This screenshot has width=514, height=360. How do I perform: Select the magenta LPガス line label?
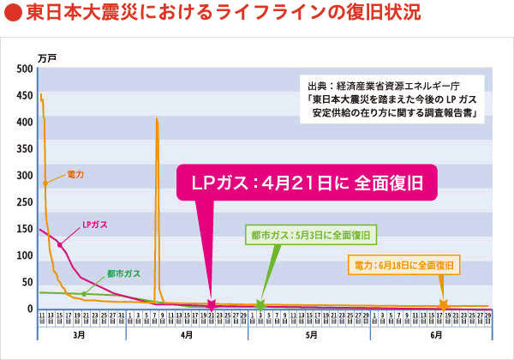click(94, 225)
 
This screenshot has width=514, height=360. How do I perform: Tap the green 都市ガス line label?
click(124, 273)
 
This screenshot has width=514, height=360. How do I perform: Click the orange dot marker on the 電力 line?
click(45, 183)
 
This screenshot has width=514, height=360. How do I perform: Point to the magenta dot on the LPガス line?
click(60, 244)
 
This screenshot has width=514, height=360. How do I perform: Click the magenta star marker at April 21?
click(211, 305)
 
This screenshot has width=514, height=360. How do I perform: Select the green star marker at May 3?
click(260, 305)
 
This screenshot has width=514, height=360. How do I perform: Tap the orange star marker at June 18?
click(443, 305)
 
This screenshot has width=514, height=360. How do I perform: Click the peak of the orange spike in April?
click(156, 119)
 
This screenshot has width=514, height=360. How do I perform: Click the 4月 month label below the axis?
click(186, 337)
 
